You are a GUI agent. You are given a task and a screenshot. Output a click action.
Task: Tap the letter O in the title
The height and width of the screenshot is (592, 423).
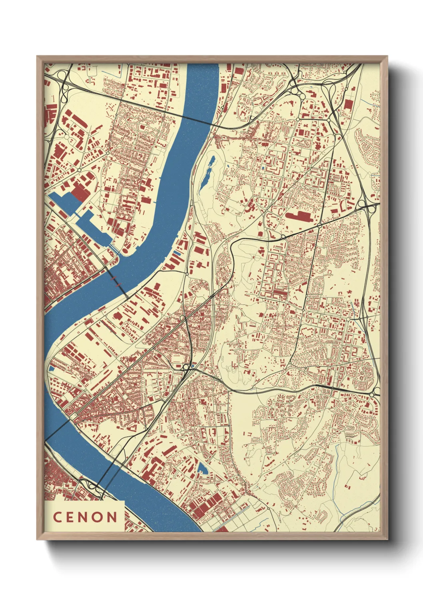tap(98, 517)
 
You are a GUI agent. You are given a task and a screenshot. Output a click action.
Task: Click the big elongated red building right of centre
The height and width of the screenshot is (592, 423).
tap(298, 216)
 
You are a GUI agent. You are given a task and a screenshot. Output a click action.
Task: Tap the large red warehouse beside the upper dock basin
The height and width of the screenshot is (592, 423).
tap(79, 192)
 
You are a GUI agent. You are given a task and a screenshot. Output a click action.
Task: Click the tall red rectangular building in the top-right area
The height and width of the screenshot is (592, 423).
tap(348, 105)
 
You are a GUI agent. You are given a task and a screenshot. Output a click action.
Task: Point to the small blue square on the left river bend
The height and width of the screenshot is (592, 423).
tap(52, 368)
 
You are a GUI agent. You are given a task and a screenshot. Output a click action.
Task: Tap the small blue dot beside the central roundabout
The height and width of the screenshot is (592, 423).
tap(194, 366)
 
